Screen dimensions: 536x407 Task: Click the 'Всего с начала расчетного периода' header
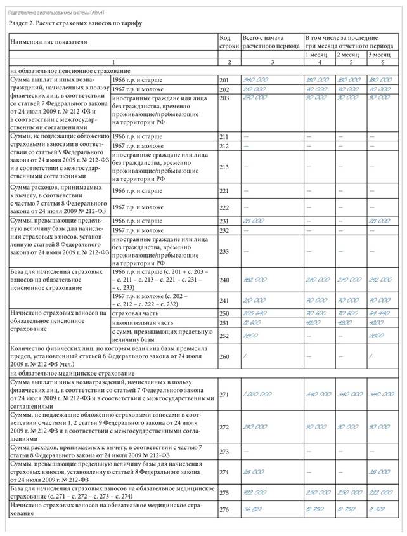[x=270, y=42]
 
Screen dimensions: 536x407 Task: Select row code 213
[x=224, y=167]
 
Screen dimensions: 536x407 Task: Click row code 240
[x=224, y=278]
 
